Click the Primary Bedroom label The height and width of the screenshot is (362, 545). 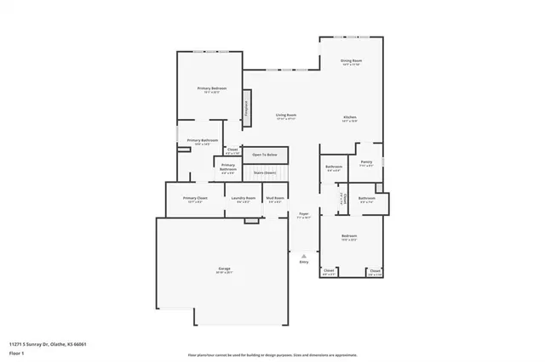[212, 88]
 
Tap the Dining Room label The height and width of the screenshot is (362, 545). [352, 61]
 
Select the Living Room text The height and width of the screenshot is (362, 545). [285, 115]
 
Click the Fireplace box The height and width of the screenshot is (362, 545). [247, 109]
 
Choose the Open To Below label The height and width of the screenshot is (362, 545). [265, 155]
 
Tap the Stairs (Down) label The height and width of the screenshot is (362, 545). [265, 173]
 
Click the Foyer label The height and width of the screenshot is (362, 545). [303, 214]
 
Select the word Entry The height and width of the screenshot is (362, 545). [304, 262]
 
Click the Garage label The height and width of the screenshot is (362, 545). [223, 269]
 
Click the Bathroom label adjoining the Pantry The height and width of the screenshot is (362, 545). [334, 167]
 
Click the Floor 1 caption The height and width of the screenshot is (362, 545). [16, 353]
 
